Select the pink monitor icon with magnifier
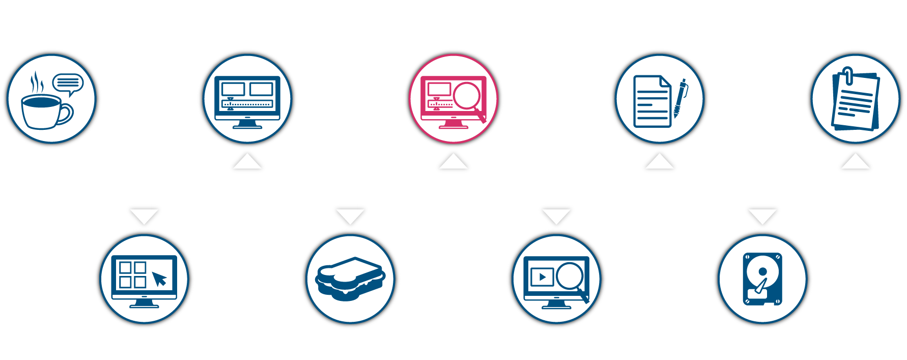pos(453,99)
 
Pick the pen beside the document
pos(680,98)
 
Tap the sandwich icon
pos(350,279)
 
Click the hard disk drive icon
pos(762,279)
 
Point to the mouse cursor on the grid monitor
pos(159,279)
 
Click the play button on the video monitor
pos(542,277)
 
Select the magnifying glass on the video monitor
pos(570,276)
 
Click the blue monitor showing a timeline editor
pos(247,99)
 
